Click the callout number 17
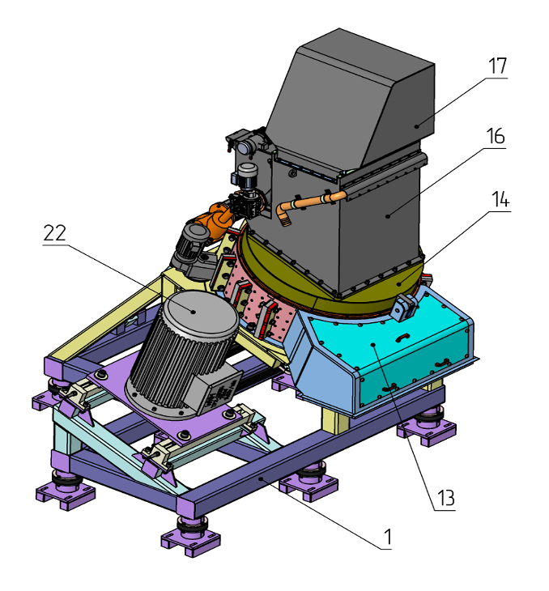point(498,66)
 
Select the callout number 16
point(496,136)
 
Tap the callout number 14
point(500,199)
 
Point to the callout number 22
point(55,233)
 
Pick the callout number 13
point(446,498)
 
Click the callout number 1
point(388,537)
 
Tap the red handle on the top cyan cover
point(402,337)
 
